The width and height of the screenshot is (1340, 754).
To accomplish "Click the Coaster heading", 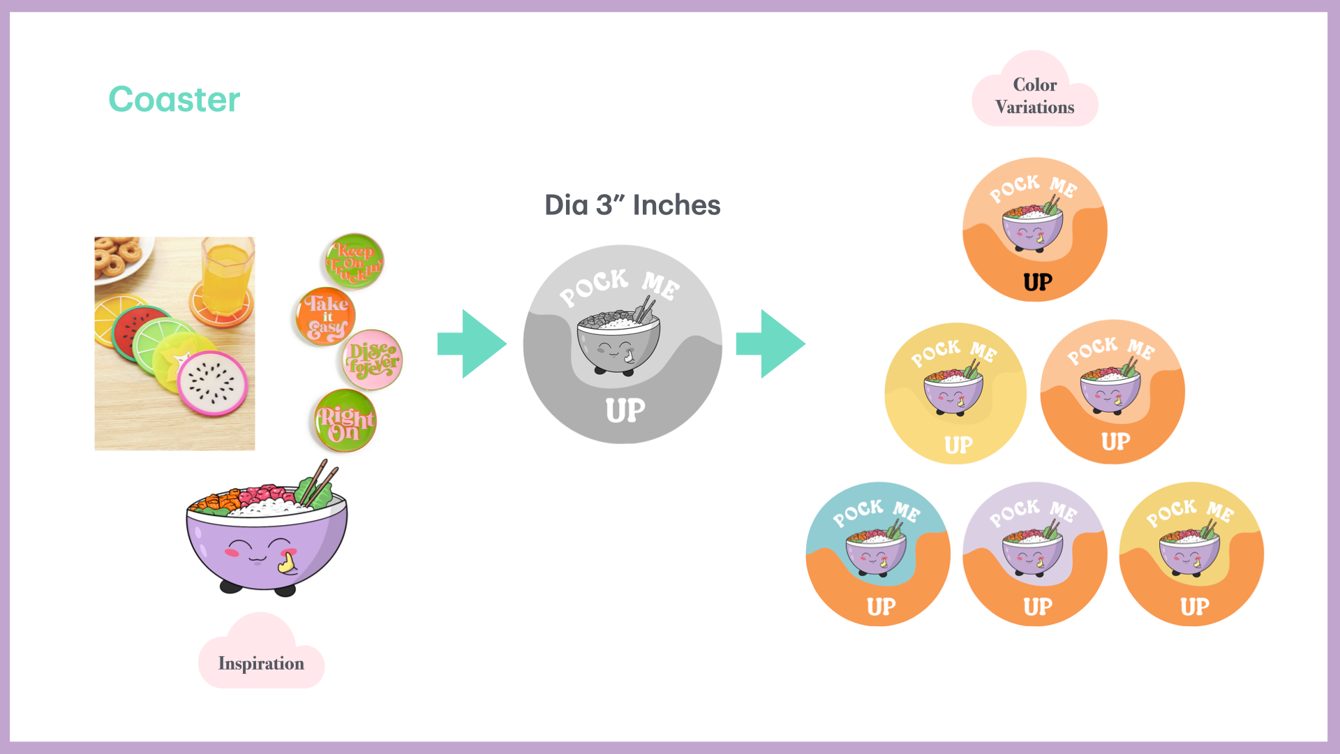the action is pos(174,99).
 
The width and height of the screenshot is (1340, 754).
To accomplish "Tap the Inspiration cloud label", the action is pos(261,663).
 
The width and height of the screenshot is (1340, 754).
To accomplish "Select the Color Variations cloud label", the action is pos(1034,96).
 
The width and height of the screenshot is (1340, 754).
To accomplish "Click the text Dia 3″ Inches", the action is pos(632,205).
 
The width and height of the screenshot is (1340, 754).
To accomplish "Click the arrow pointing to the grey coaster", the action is pos(472,343).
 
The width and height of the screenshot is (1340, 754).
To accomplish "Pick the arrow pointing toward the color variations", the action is pos(770,343).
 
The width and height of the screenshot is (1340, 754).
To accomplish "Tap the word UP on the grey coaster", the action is pos(625,411).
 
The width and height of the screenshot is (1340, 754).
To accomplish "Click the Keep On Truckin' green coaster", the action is pos(355,261).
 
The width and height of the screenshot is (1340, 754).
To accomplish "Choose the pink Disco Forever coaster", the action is pos(373,359).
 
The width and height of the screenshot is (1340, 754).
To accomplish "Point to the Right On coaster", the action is pos(345,421).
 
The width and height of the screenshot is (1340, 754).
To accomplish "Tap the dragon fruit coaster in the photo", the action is pos(211,383).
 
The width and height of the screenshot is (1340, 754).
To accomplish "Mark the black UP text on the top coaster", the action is pos(1038,282).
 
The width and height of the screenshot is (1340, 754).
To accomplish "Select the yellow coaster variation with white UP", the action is pos(955,393).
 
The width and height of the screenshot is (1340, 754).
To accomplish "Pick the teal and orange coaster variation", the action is pos(878,554).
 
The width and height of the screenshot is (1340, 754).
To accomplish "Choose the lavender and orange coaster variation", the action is pos(1034,554).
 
